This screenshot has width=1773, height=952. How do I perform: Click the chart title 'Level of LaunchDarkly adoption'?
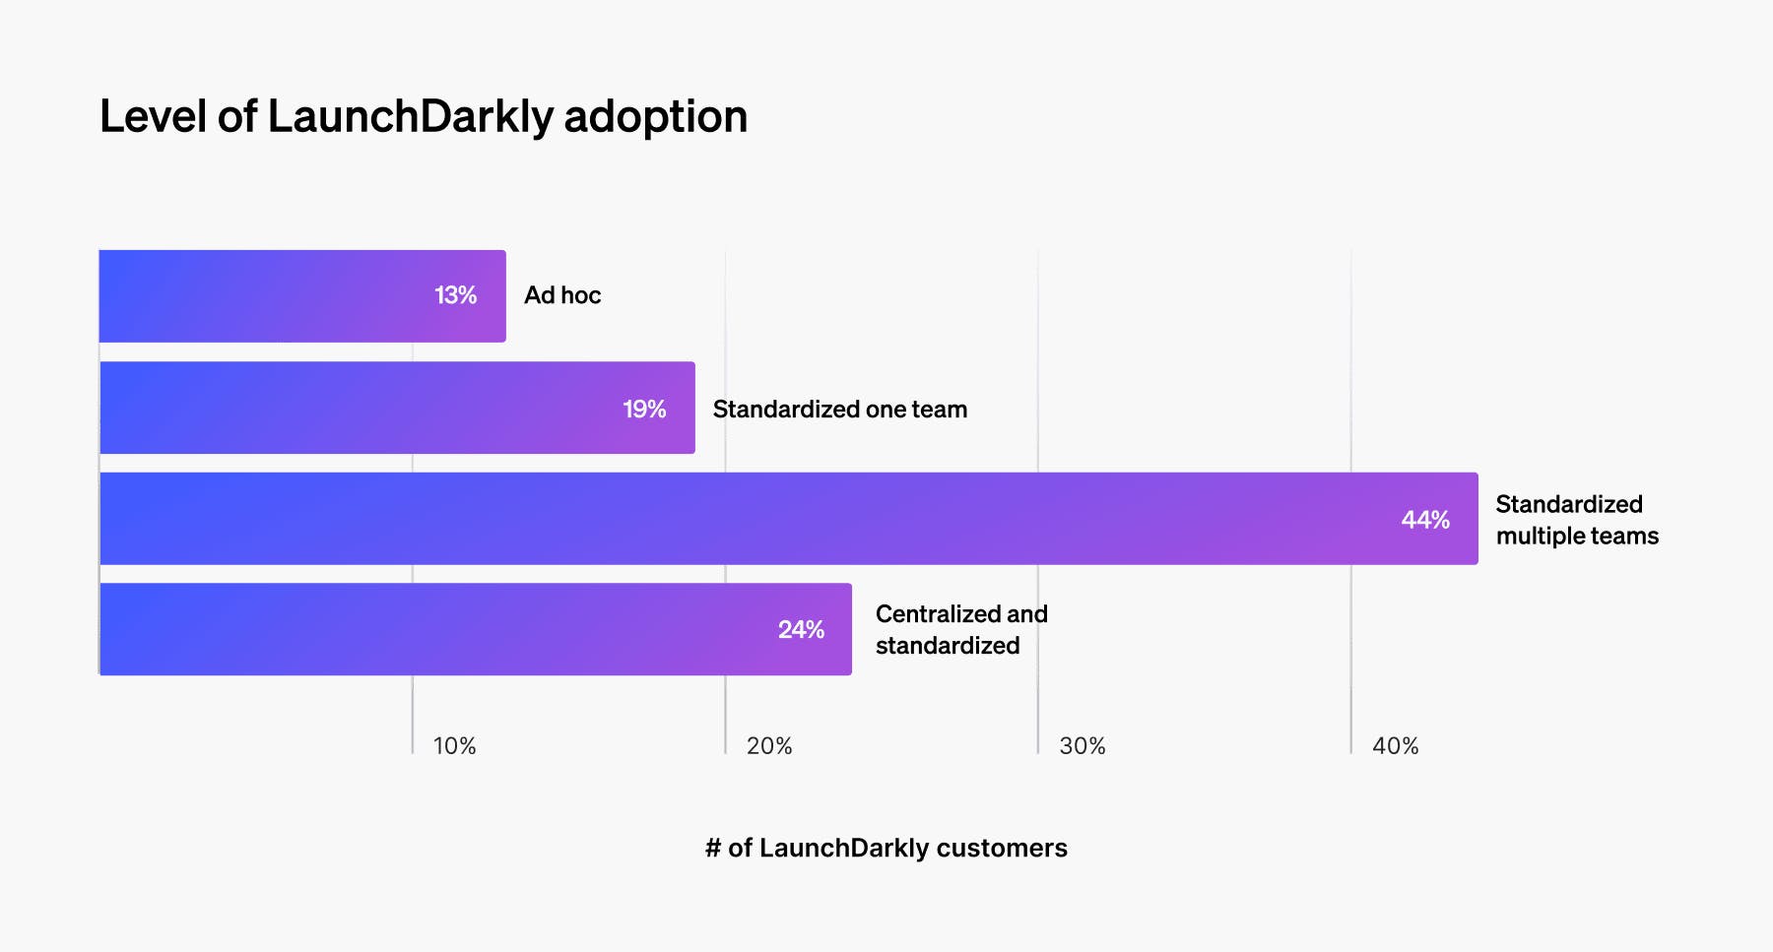[424, 116]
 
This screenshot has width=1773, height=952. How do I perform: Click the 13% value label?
[455, 295]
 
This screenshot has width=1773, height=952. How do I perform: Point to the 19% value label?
[644, 409]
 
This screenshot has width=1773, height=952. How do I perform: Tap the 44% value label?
[1425, 520]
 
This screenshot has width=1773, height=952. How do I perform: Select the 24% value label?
[801, 630]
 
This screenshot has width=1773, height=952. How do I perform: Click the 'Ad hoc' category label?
[562, 295]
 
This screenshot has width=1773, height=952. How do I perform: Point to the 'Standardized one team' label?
[839, 410]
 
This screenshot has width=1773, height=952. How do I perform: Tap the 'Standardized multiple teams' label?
[1576, 520]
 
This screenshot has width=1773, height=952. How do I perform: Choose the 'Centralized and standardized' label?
[960, 630]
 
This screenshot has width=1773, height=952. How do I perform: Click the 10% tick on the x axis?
[454, 746]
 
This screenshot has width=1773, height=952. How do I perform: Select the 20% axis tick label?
[768, 746]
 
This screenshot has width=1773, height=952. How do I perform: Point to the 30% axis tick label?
[1082, 746]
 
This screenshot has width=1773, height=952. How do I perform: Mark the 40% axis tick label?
[1395, 746]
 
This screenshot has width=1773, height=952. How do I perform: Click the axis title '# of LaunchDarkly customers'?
[886, 848]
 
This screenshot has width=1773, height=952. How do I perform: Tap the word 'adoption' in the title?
[655, 116]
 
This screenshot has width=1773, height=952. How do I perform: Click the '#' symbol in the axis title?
[713, 848]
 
